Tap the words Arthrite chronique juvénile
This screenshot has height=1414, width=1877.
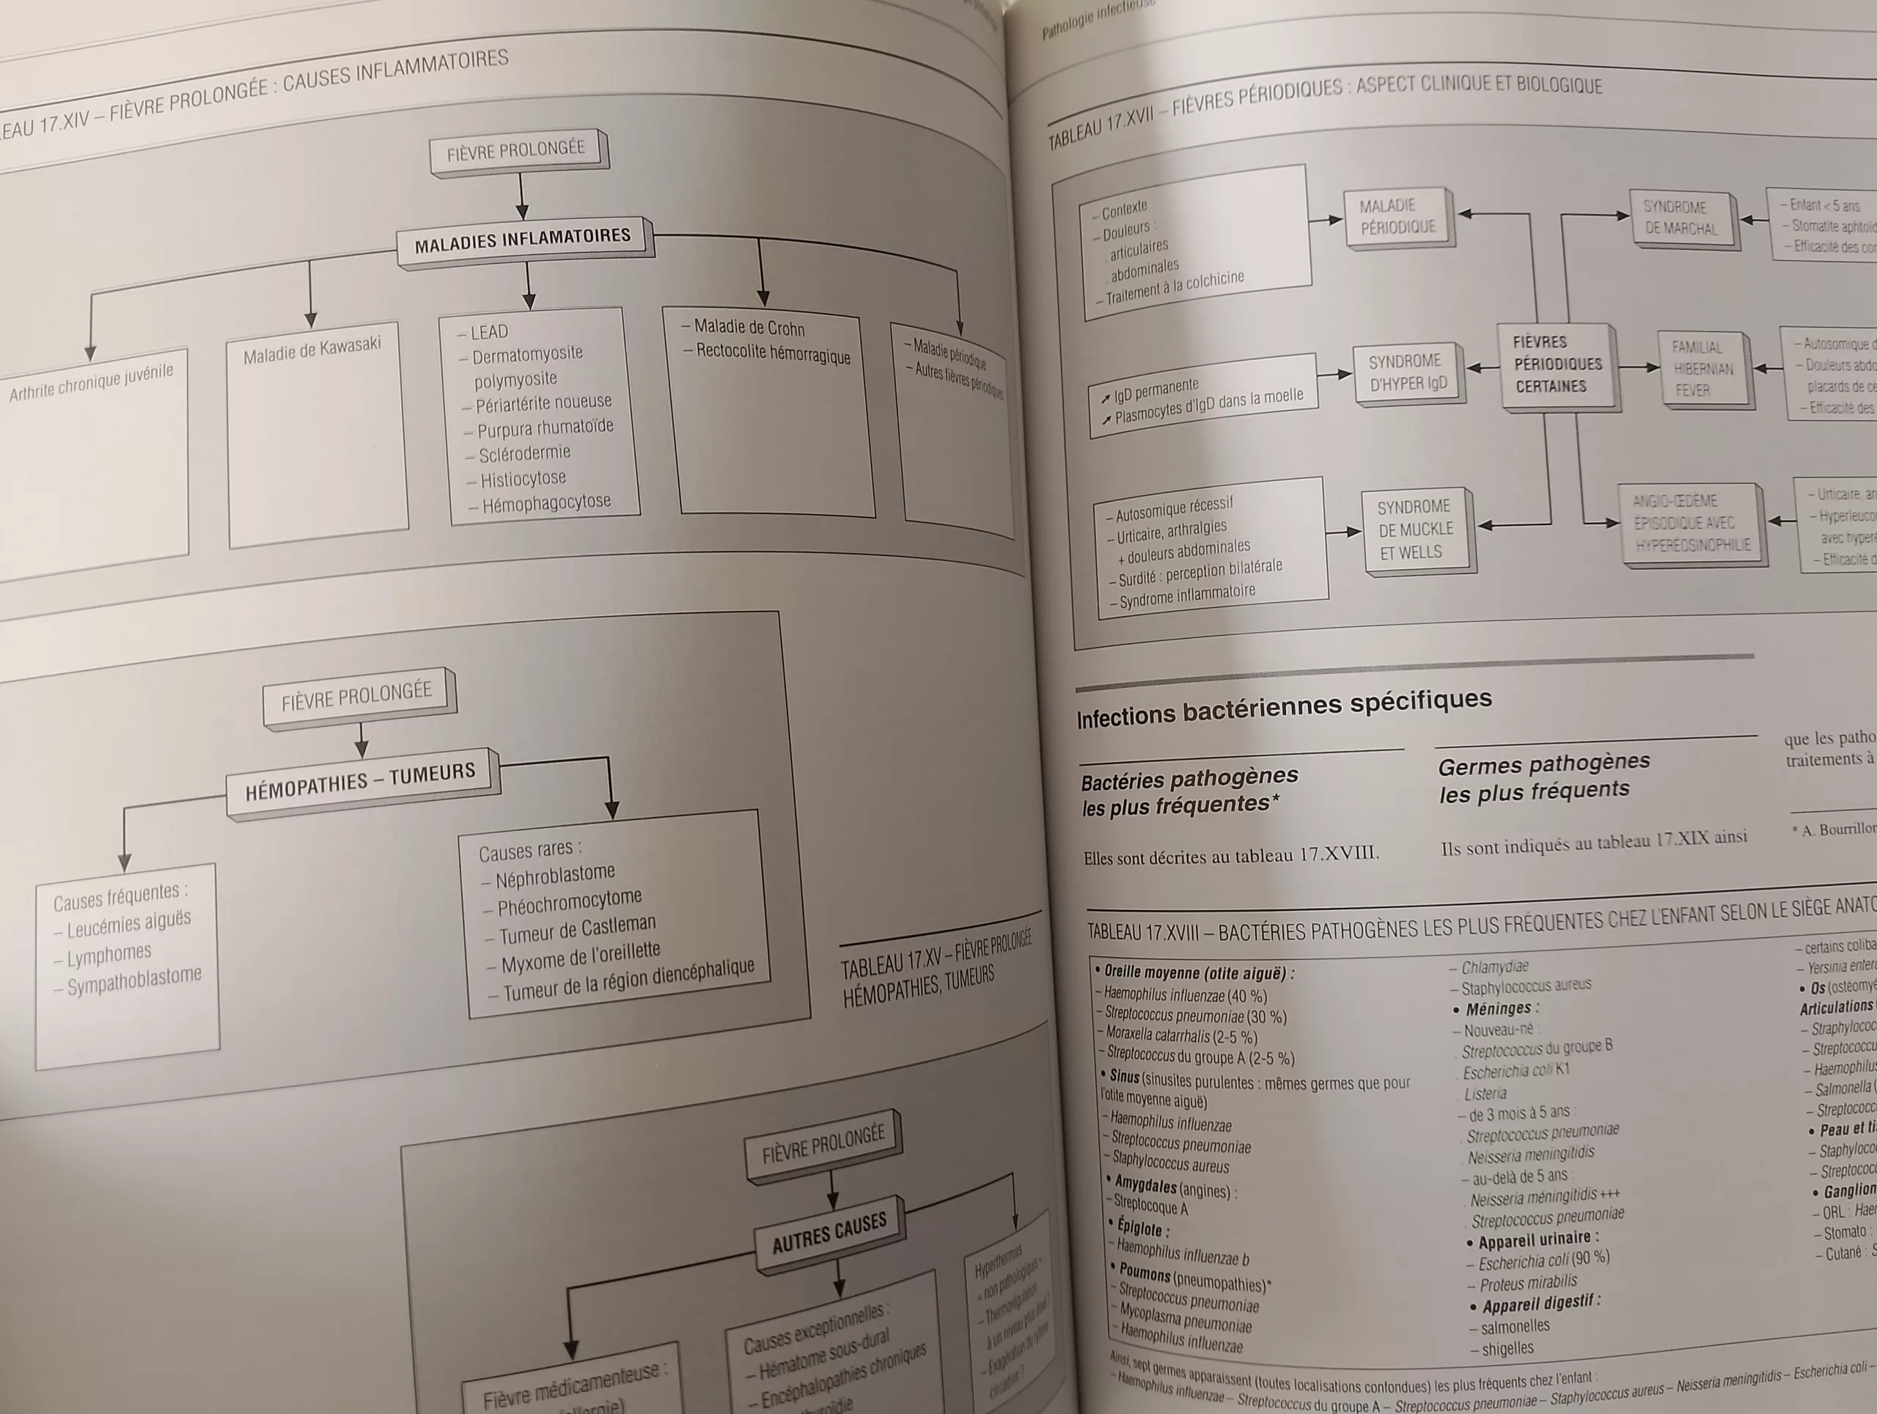[91, 382]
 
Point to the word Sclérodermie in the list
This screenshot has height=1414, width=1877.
[524, 453]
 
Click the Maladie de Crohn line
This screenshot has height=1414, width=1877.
[749, 328]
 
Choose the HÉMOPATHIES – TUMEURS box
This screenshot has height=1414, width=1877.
[361, 782]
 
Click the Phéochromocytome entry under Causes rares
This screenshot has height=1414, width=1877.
[568, 903]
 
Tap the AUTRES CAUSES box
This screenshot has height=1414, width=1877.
[829, 1232]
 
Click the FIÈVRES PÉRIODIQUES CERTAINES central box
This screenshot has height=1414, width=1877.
[1557, 364]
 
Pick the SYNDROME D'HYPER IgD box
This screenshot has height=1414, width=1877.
[1408, 373]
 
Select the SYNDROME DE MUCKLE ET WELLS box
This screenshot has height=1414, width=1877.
[1414, 530]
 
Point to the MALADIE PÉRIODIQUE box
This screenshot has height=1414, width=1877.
[1397, 216]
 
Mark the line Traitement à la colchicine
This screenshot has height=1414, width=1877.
[1175, 287]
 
